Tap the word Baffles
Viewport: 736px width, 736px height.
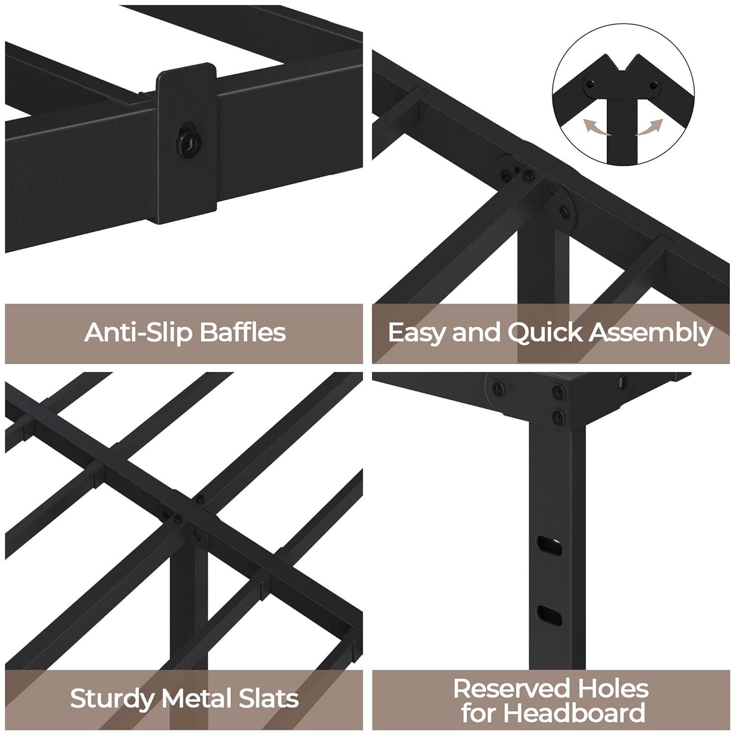pos(242,332)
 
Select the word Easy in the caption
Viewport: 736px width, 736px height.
pos(417,333)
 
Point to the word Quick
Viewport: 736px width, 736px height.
pos(545,333)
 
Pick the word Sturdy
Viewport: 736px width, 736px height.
pos(112,698)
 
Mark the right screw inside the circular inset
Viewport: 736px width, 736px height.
pos(654,85)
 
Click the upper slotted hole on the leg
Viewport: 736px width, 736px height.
pos(549,545)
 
